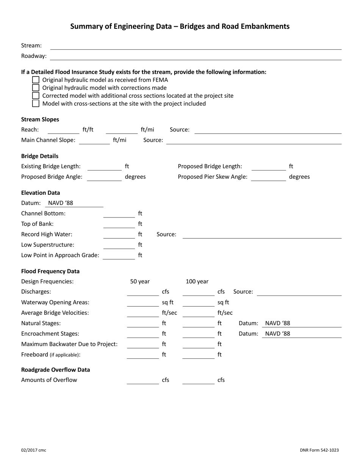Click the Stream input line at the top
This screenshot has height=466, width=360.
coord(196,46)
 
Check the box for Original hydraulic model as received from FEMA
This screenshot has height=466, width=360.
coord(36,80)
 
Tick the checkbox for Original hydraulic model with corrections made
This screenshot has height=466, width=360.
coord(36,88)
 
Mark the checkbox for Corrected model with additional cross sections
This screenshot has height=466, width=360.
coord(36,95)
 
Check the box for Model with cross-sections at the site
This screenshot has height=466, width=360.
coord(36,103)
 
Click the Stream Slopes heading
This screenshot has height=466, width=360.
coord(40,119)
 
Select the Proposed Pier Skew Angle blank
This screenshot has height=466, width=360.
coord(268,177)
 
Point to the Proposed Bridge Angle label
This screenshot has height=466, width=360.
coord(52,177)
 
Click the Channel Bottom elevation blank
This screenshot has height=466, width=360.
coord(119,214)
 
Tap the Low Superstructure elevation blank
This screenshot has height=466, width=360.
coord(119,245)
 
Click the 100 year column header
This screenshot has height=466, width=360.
coord(197,281)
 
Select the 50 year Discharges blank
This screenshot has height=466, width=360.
coord(142,292)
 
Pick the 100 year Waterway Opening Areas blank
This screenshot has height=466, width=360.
coord(198,303)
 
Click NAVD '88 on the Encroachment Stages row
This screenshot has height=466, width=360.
coord(278,334)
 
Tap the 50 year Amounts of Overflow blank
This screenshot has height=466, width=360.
coord(142,380)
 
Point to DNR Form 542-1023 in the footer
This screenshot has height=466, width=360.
coord(319,450)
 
